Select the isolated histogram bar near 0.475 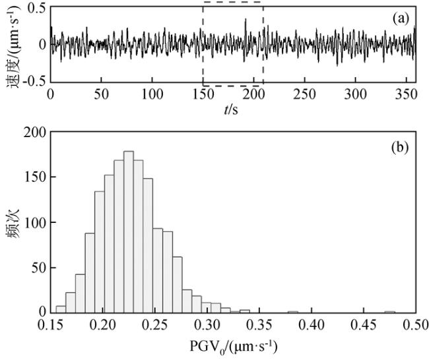tap(390, 311)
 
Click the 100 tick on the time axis tap(152, 95)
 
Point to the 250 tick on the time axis tap(305, 95)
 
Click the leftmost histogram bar tap(61, 309)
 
